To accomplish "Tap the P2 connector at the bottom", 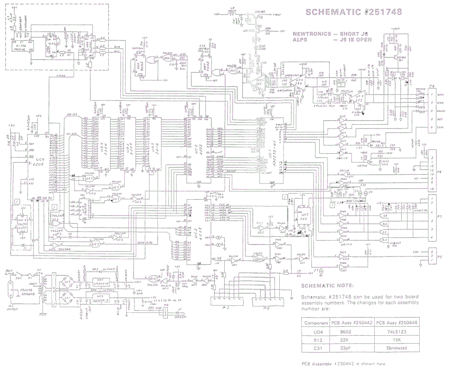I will (x=225, y=301).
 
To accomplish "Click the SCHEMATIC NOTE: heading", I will (x=327, y=285).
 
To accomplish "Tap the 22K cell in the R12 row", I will (x=351, y=339).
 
